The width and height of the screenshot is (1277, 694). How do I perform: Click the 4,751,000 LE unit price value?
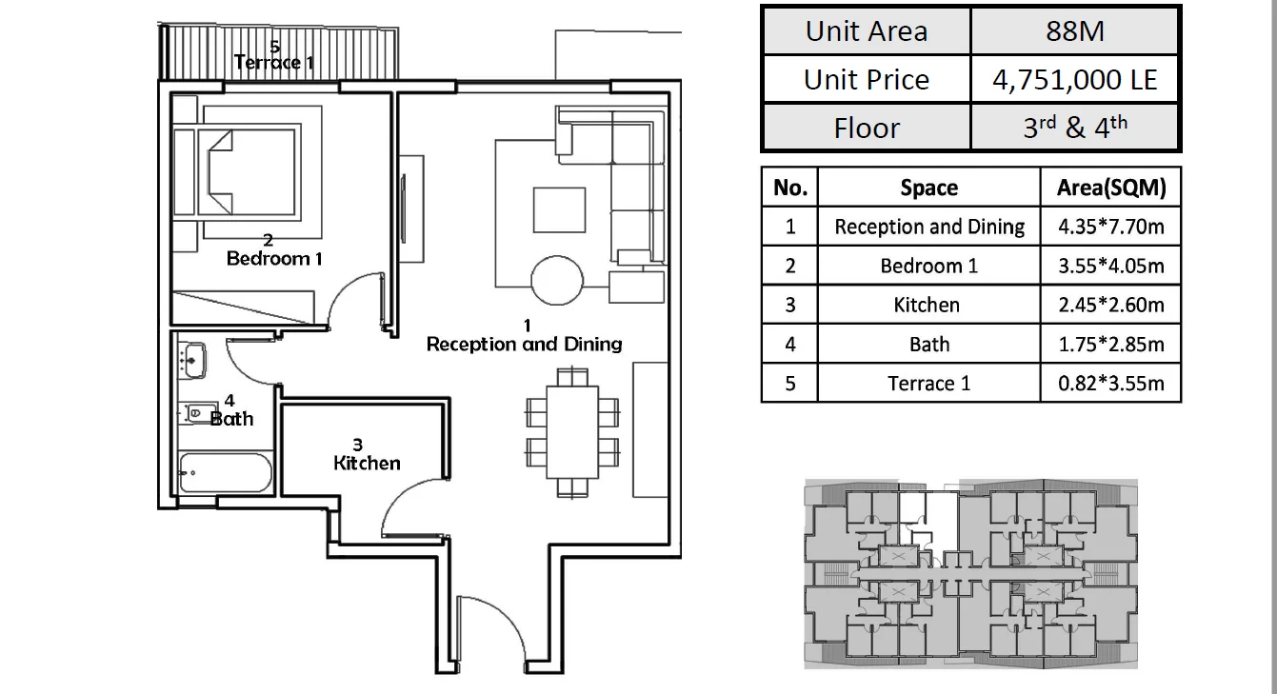1074,80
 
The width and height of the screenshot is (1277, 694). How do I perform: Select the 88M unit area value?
1074,30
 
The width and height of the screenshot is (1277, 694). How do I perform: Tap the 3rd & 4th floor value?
1075,127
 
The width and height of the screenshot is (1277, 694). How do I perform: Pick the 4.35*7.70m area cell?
1111,227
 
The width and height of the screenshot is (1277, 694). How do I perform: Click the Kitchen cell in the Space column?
927,305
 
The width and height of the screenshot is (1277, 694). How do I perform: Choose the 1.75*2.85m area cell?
1111,345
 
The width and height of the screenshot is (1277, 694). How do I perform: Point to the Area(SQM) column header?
1111,188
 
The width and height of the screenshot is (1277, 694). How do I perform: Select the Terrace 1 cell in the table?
928,383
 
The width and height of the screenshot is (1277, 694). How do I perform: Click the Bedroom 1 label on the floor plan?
274,258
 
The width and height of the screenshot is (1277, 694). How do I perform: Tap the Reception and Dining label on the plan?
524,345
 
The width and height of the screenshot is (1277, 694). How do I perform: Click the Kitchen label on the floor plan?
367,463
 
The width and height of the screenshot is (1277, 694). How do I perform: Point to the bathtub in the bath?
226,472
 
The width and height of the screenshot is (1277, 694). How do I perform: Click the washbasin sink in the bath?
192,360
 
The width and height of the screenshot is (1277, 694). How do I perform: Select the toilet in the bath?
198,412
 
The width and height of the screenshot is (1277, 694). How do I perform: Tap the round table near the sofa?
557,280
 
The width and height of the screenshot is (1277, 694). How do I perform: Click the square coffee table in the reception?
559,210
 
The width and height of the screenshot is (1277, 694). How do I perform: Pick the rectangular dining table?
572,432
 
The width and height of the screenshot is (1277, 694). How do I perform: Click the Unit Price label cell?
866,80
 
